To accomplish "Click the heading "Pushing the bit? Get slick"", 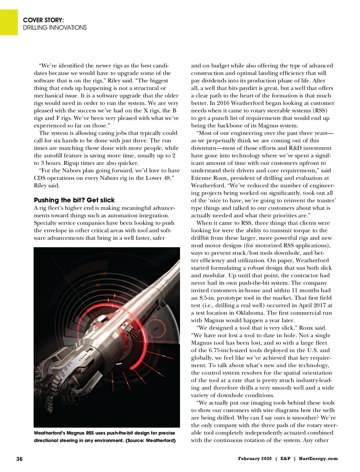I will [x=74, y=200].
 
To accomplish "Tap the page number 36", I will [x=19, y=459].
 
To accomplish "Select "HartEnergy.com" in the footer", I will [x=318, y=459].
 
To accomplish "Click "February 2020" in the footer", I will [x=255, y=459].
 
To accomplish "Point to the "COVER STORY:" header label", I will [x=43, y=20].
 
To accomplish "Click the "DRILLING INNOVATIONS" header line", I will [x=55, y=28].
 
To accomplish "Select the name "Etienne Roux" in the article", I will [x=209, y=178].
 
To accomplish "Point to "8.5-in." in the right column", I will [x=207, y=298].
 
